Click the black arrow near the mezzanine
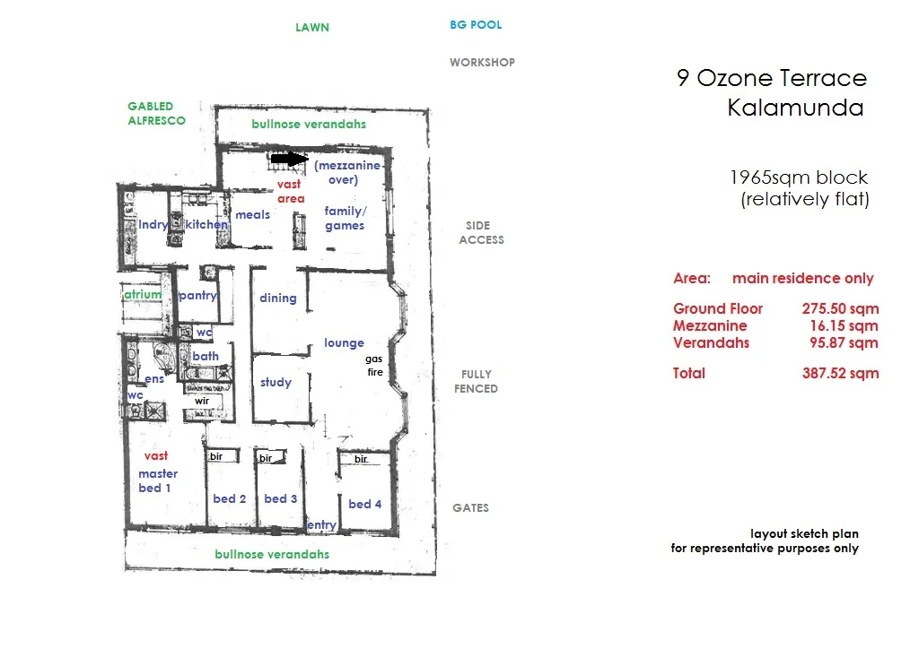289,159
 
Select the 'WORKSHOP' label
482,63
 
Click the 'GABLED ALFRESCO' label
156,113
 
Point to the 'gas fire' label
374,364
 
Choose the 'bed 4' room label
365,504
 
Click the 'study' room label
276,382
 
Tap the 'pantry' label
197,295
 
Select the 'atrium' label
143,294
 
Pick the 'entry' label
321,524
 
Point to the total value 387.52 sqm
840,373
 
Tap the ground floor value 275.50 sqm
840,307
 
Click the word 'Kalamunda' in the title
795,108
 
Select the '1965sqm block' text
799,177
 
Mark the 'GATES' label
470,507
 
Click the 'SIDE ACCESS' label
481,233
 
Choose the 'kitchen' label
206,224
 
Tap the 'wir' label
202,401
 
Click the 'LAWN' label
312,27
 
